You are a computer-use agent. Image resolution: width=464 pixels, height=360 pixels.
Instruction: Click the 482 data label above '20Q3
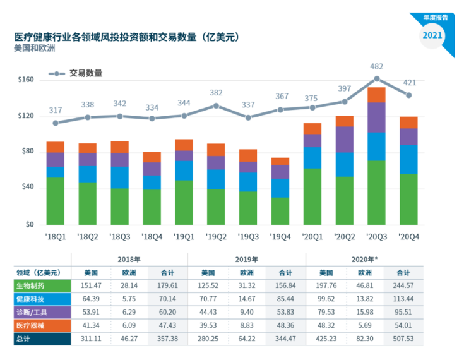click(376, 66)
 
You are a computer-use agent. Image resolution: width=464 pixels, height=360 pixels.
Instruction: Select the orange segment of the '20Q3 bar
click(376, 95)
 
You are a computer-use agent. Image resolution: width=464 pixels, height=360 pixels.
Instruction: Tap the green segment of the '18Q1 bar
click(56, 201)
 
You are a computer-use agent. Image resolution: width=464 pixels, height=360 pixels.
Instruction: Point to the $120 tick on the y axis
click(25, 116)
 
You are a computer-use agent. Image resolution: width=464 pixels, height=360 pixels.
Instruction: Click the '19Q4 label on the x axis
click(280, 237)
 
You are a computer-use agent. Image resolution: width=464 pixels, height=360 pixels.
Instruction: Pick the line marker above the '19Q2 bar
click(216, 105)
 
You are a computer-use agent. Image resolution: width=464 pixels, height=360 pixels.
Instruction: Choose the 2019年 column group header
click(246, 260)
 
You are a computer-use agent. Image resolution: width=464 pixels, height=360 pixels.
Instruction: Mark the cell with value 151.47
click(90, 286)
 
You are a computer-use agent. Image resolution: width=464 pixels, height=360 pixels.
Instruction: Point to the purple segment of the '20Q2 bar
click(344, 139)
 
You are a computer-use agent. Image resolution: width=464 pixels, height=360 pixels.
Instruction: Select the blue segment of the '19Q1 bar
click(184, 171)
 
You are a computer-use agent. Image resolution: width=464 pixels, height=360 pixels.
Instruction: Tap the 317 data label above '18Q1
click(56, 111)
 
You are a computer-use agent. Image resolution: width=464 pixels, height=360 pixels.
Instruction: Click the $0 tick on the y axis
click(29, 225)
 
